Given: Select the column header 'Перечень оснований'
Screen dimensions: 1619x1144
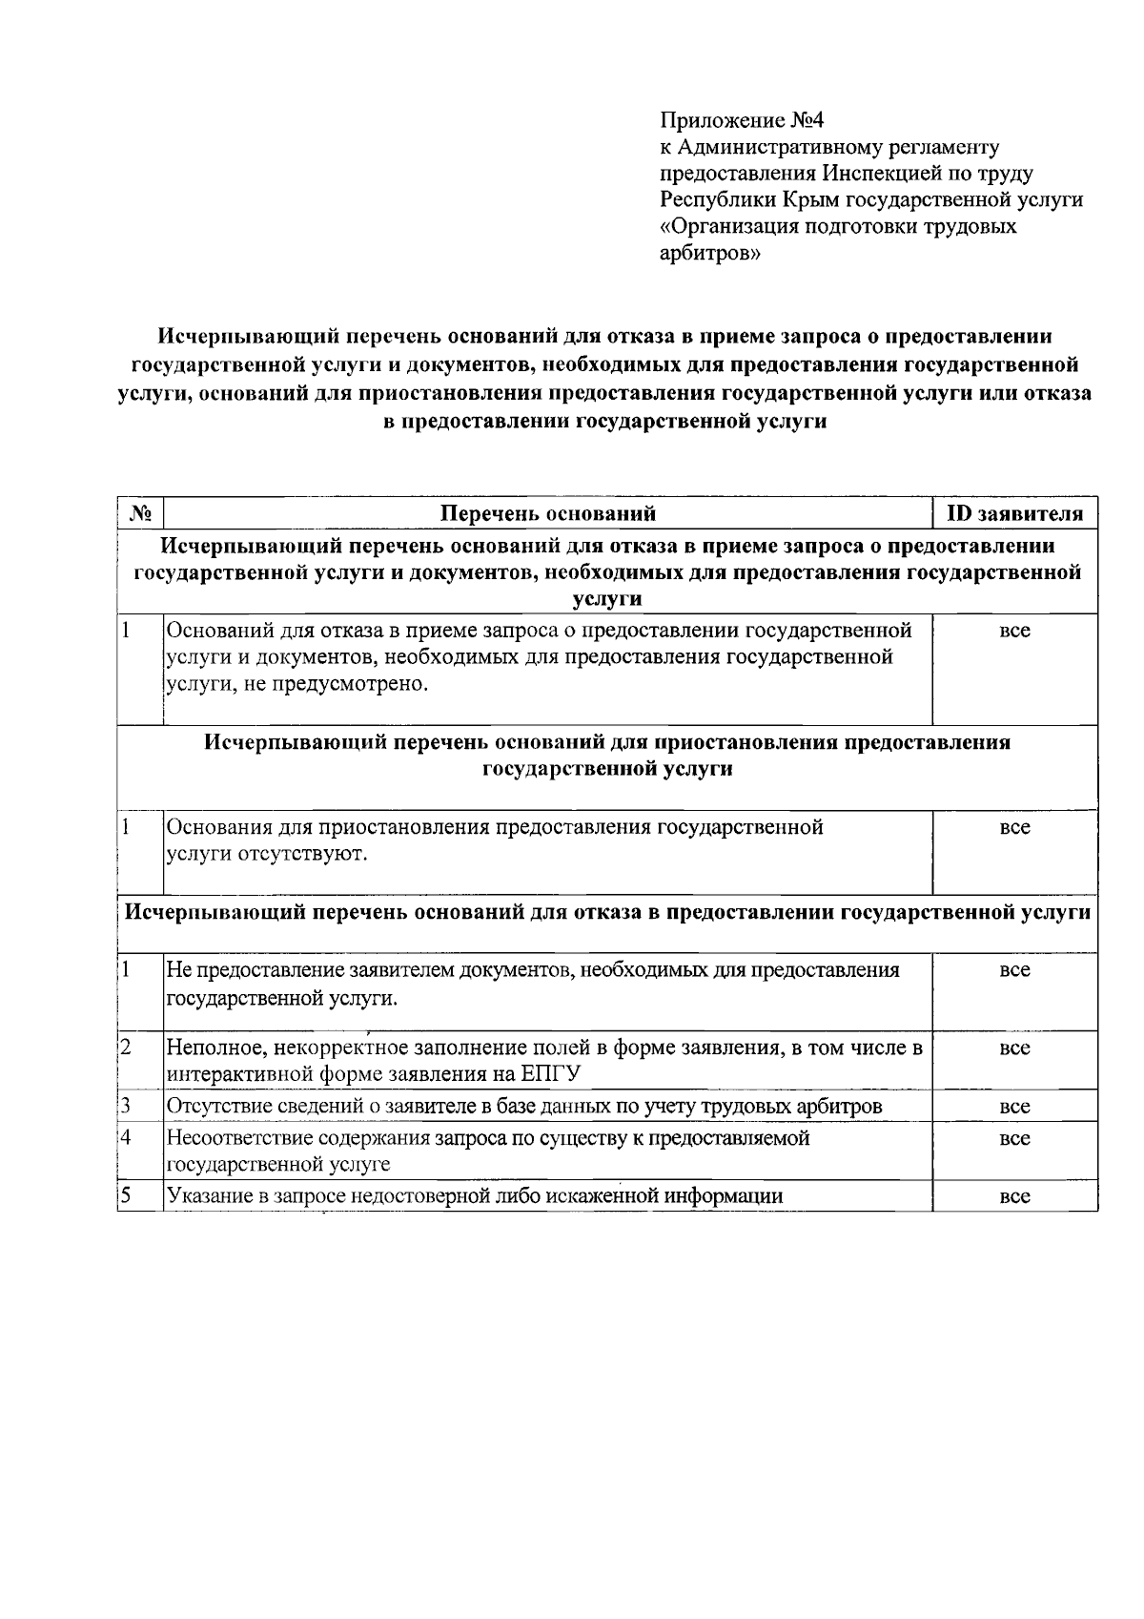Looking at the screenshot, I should [x=547, y=514].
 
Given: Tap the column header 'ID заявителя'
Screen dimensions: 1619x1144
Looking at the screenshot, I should [x=1014, y=514].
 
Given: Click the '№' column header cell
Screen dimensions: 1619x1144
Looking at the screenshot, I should [x=140, y=514].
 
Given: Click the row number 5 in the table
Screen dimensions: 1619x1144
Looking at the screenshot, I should [x=125, y=1194].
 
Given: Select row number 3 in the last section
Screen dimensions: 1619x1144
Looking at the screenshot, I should [x=125, y=1106].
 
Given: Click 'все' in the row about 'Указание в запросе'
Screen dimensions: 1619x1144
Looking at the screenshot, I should [x=1014, y=1196].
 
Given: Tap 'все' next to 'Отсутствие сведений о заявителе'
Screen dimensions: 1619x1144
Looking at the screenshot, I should [x=1014, y=1108].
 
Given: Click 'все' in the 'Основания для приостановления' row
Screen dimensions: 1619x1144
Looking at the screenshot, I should [x=1014, y=828].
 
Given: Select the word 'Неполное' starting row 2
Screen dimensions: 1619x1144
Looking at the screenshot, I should [x=215, y=1048].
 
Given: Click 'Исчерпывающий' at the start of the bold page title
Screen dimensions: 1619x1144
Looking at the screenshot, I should [x=243, y=337].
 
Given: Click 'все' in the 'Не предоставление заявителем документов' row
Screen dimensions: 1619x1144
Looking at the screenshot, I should [x=1014, y=971].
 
